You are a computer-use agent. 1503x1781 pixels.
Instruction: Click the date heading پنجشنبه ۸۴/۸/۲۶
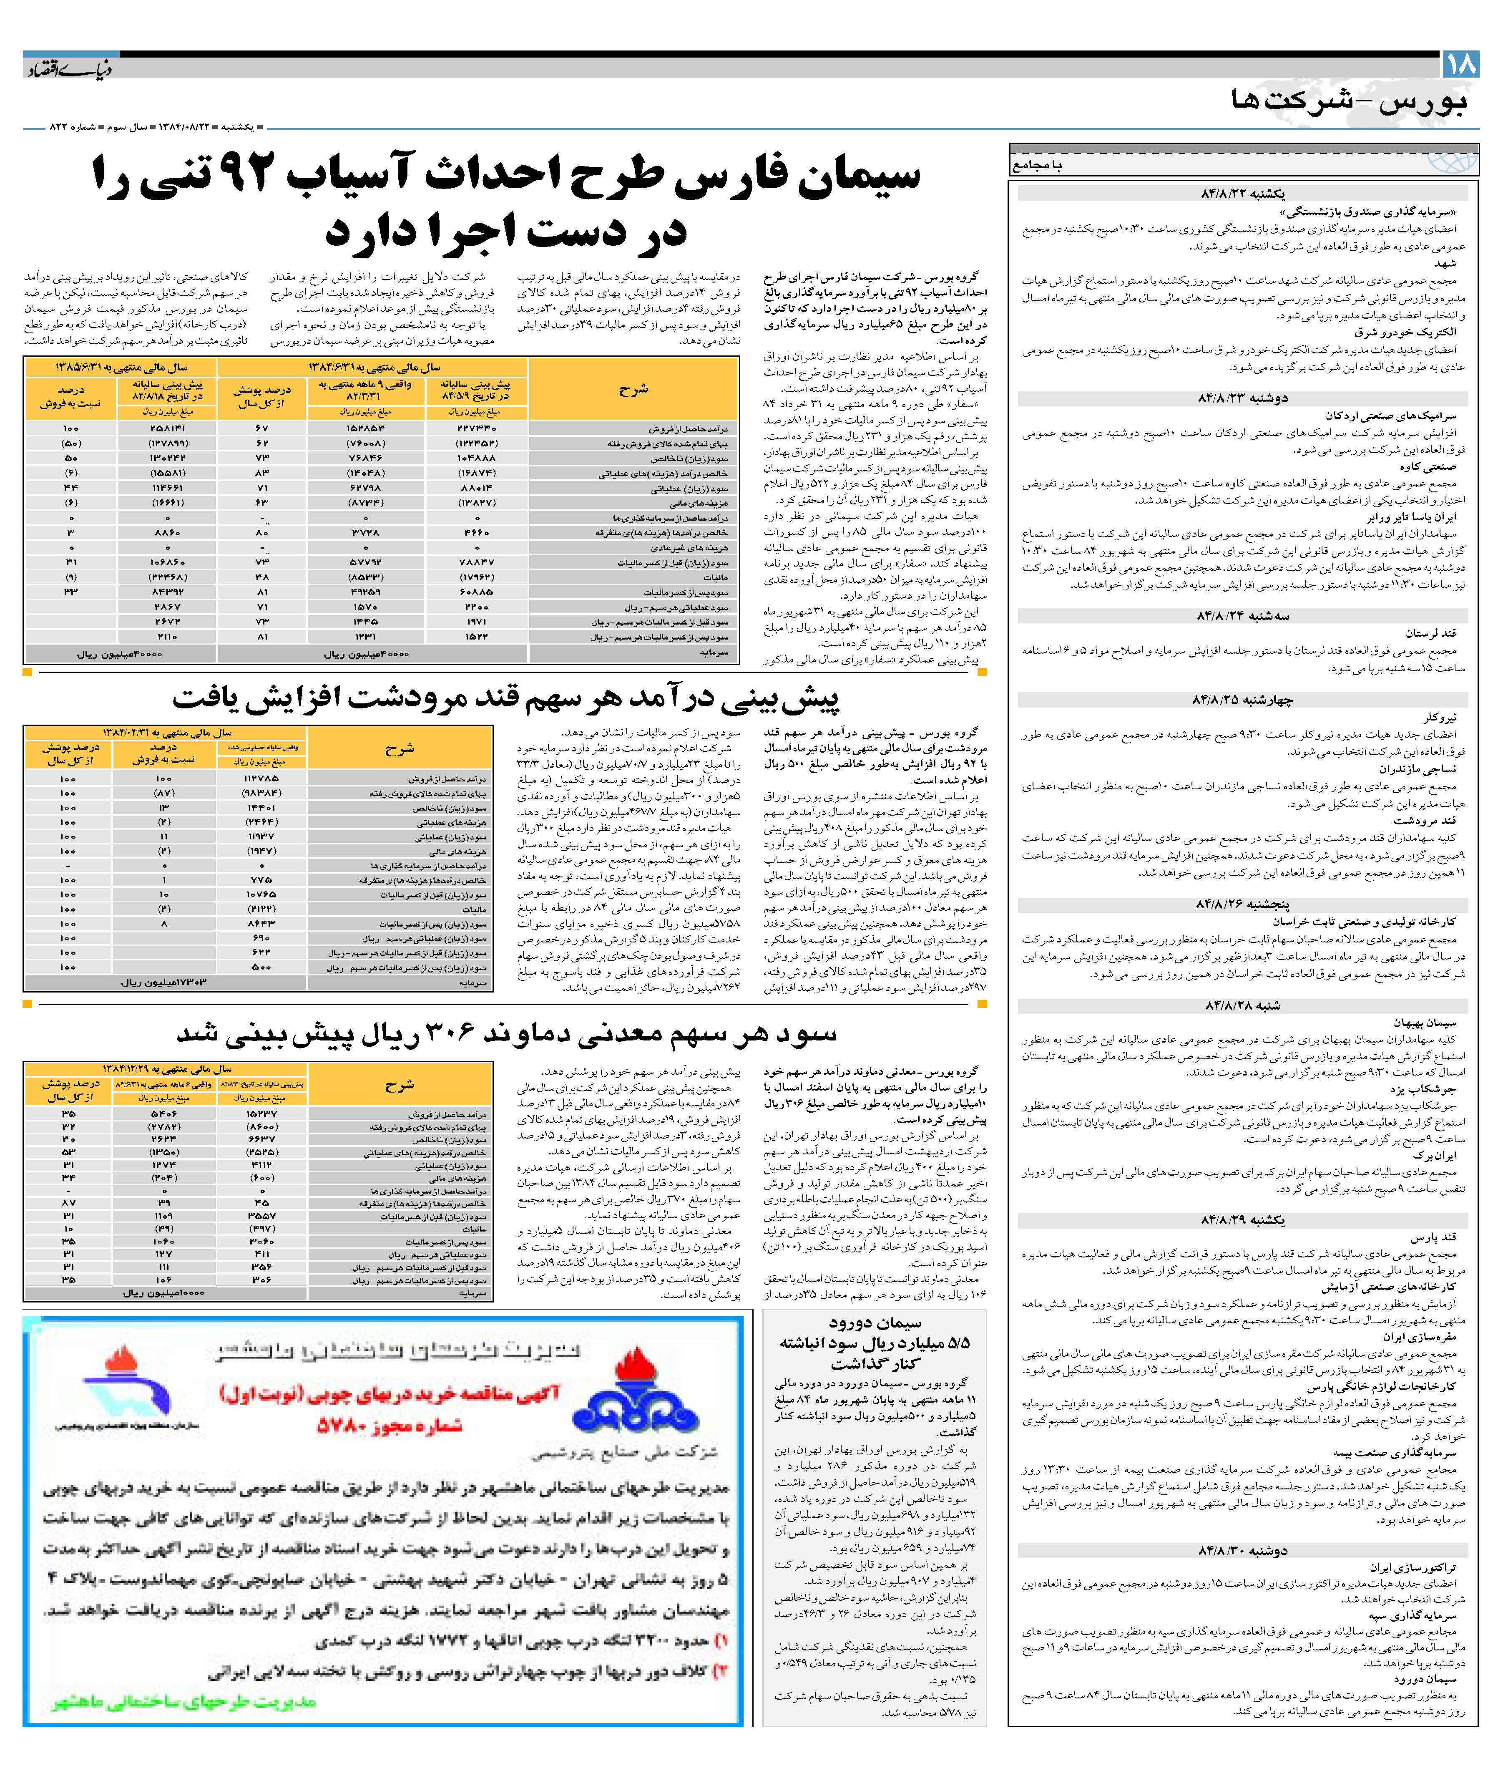click(x=1242, y=904)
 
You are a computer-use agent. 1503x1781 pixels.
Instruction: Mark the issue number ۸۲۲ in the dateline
click(x=58, y=127)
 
